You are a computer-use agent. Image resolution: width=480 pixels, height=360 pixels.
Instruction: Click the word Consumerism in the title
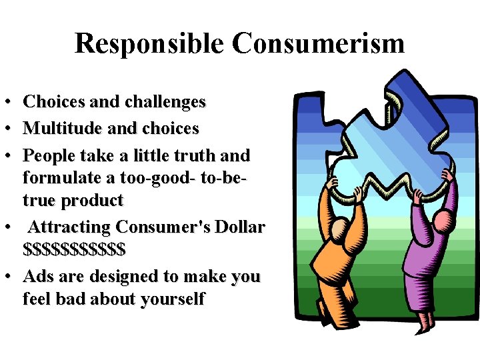[x=318, y=44]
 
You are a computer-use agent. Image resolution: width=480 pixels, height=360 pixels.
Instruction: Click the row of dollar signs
[x=74, y=250]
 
